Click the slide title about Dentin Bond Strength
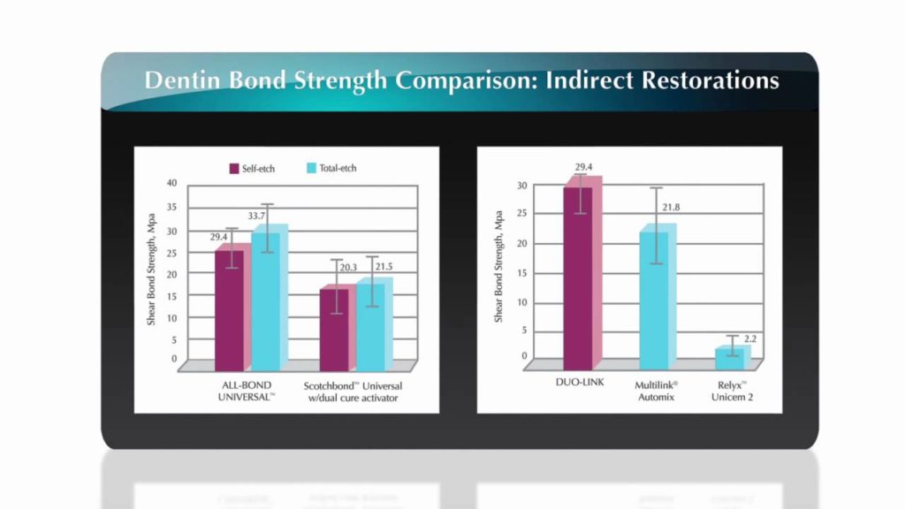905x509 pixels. (461, 80)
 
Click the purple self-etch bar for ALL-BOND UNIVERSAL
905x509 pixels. (230, 309)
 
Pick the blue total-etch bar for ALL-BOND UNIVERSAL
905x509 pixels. (266, 300)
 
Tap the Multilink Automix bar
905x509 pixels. (655, 300)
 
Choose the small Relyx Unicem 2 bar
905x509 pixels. (729, 358)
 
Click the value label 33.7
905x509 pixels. (258, 215)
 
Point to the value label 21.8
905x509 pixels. (670, 208)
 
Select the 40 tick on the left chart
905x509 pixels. (171, 183)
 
